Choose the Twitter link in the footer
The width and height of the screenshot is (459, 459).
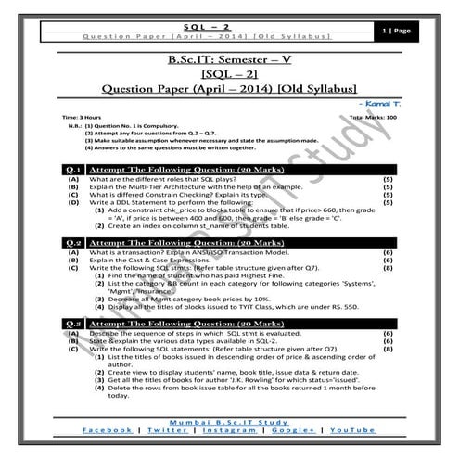[x=167, y=431]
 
